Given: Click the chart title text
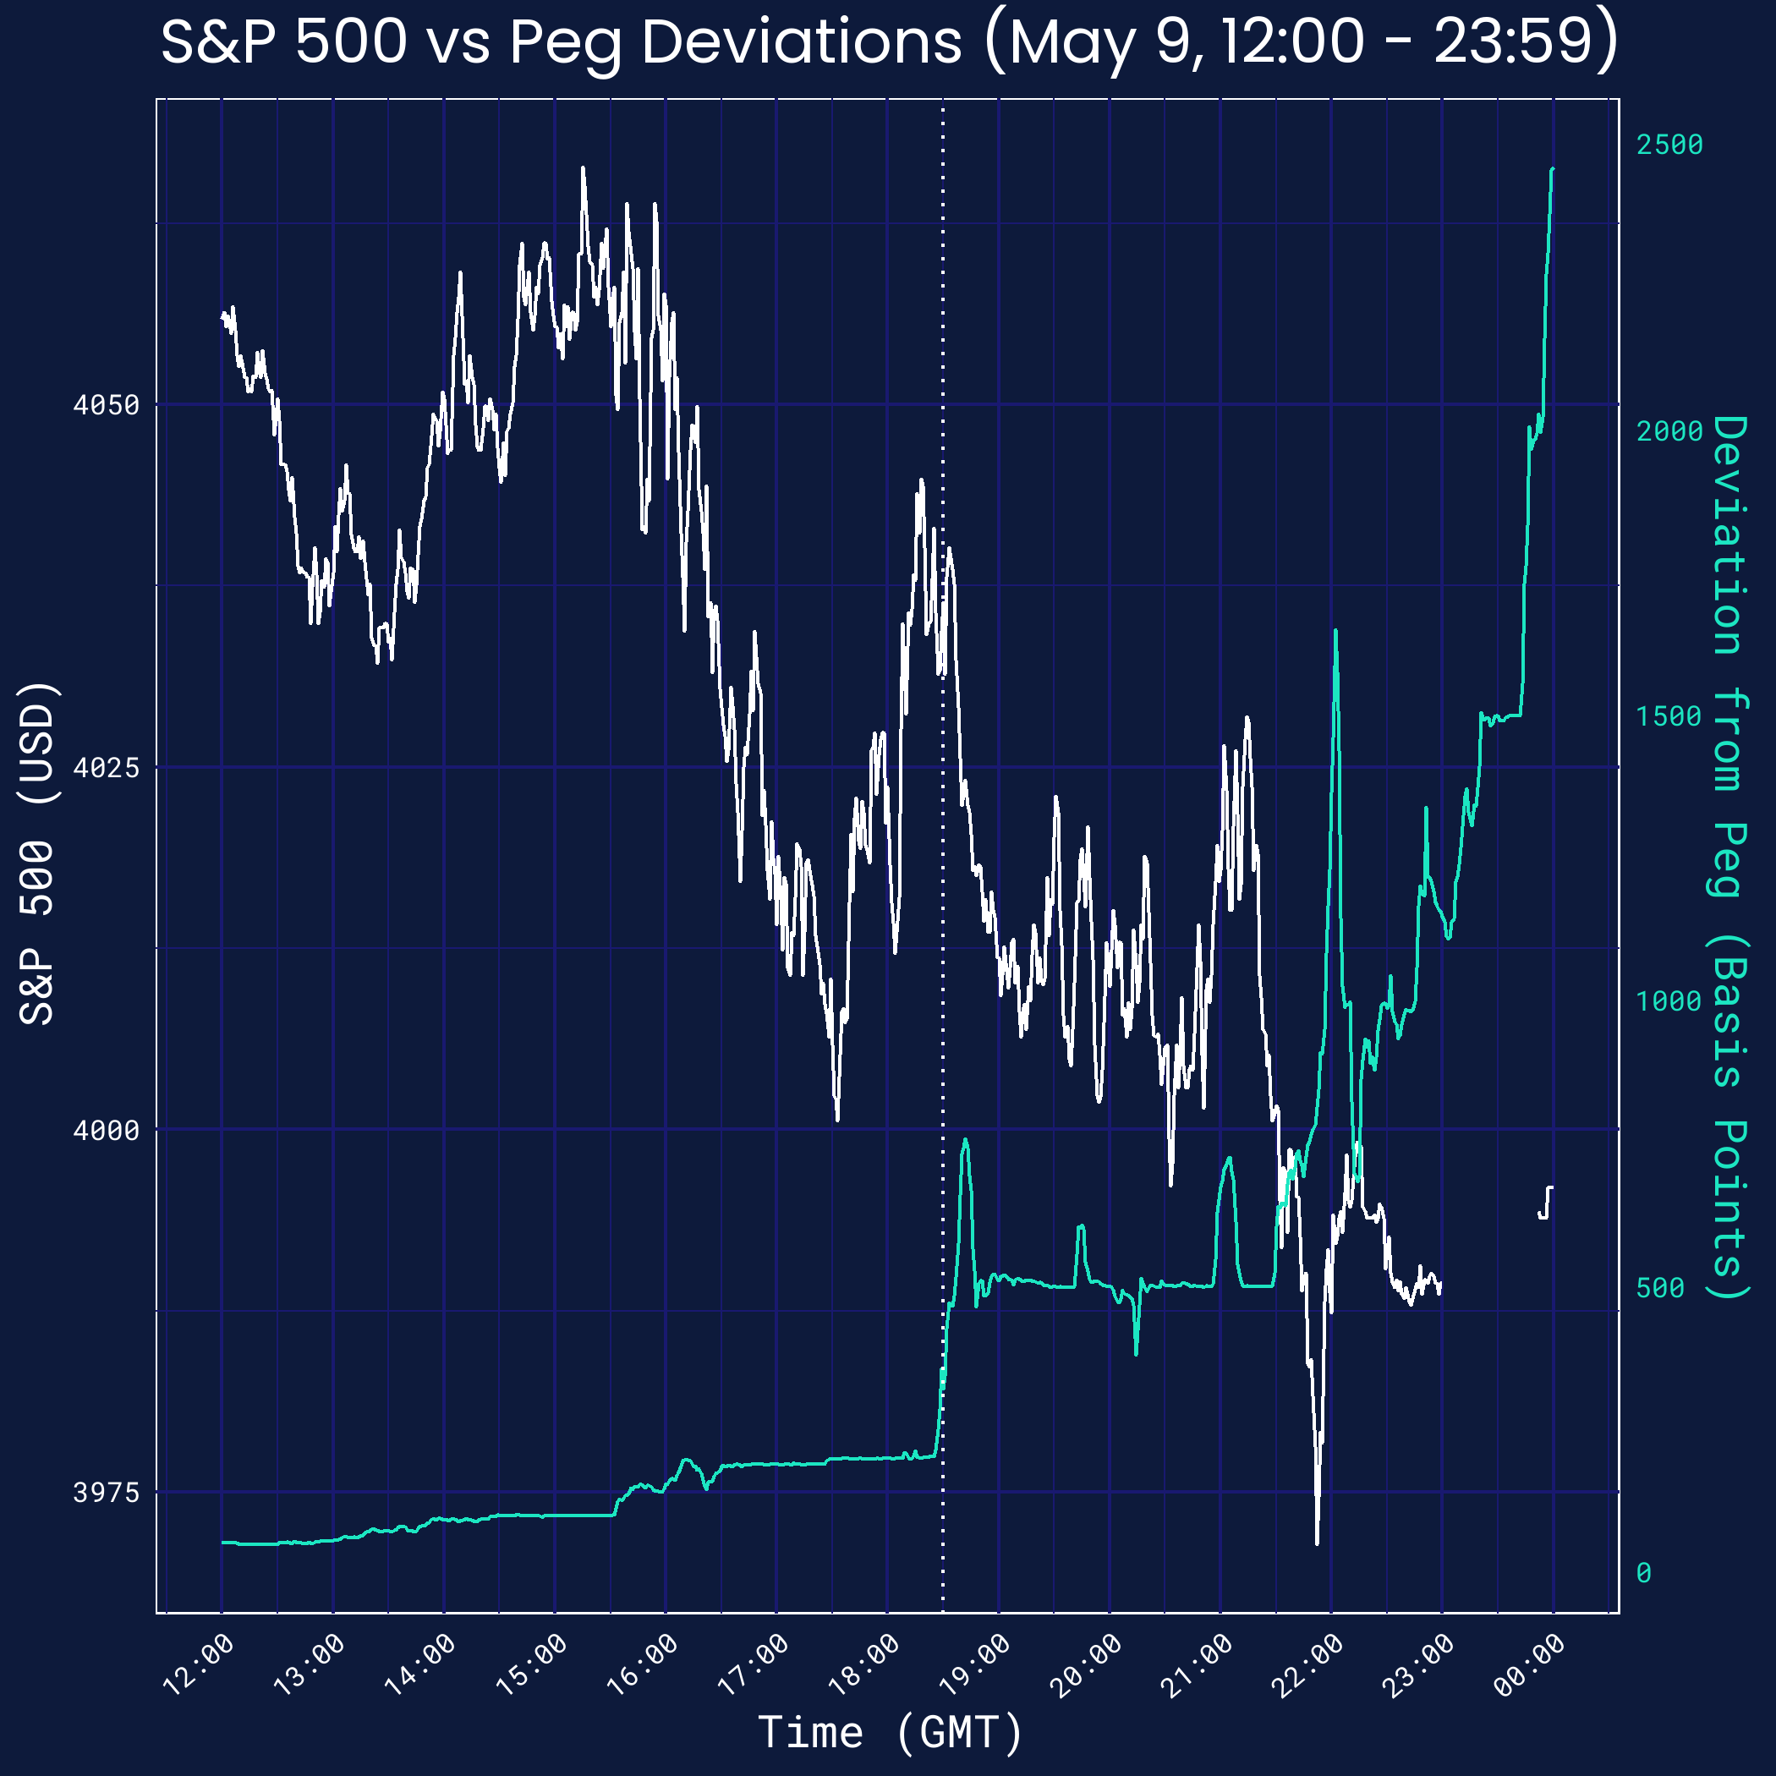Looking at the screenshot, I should coord(888,42).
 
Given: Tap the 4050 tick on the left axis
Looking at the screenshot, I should coord(106,404).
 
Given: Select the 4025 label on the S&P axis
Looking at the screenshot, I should coord(106,767).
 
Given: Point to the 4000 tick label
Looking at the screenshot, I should coord(106,1130).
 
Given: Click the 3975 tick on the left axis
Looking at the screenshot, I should coord(106,1492).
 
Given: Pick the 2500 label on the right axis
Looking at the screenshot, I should coord(1669,145).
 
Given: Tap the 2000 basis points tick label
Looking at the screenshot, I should coord(1669,431).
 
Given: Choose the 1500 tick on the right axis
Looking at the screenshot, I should coord(1669,716).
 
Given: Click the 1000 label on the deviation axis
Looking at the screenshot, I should coord(1669,1001).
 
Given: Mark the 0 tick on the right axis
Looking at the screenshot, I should coord(1643,1573).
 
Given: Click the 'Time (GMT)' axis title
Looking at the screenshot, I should coord(890,1732).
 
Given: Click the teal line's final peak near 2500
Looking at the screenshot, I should coord(1553,169).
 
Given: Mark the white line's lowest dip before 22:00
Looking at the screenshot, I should coord(1318,1543).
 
